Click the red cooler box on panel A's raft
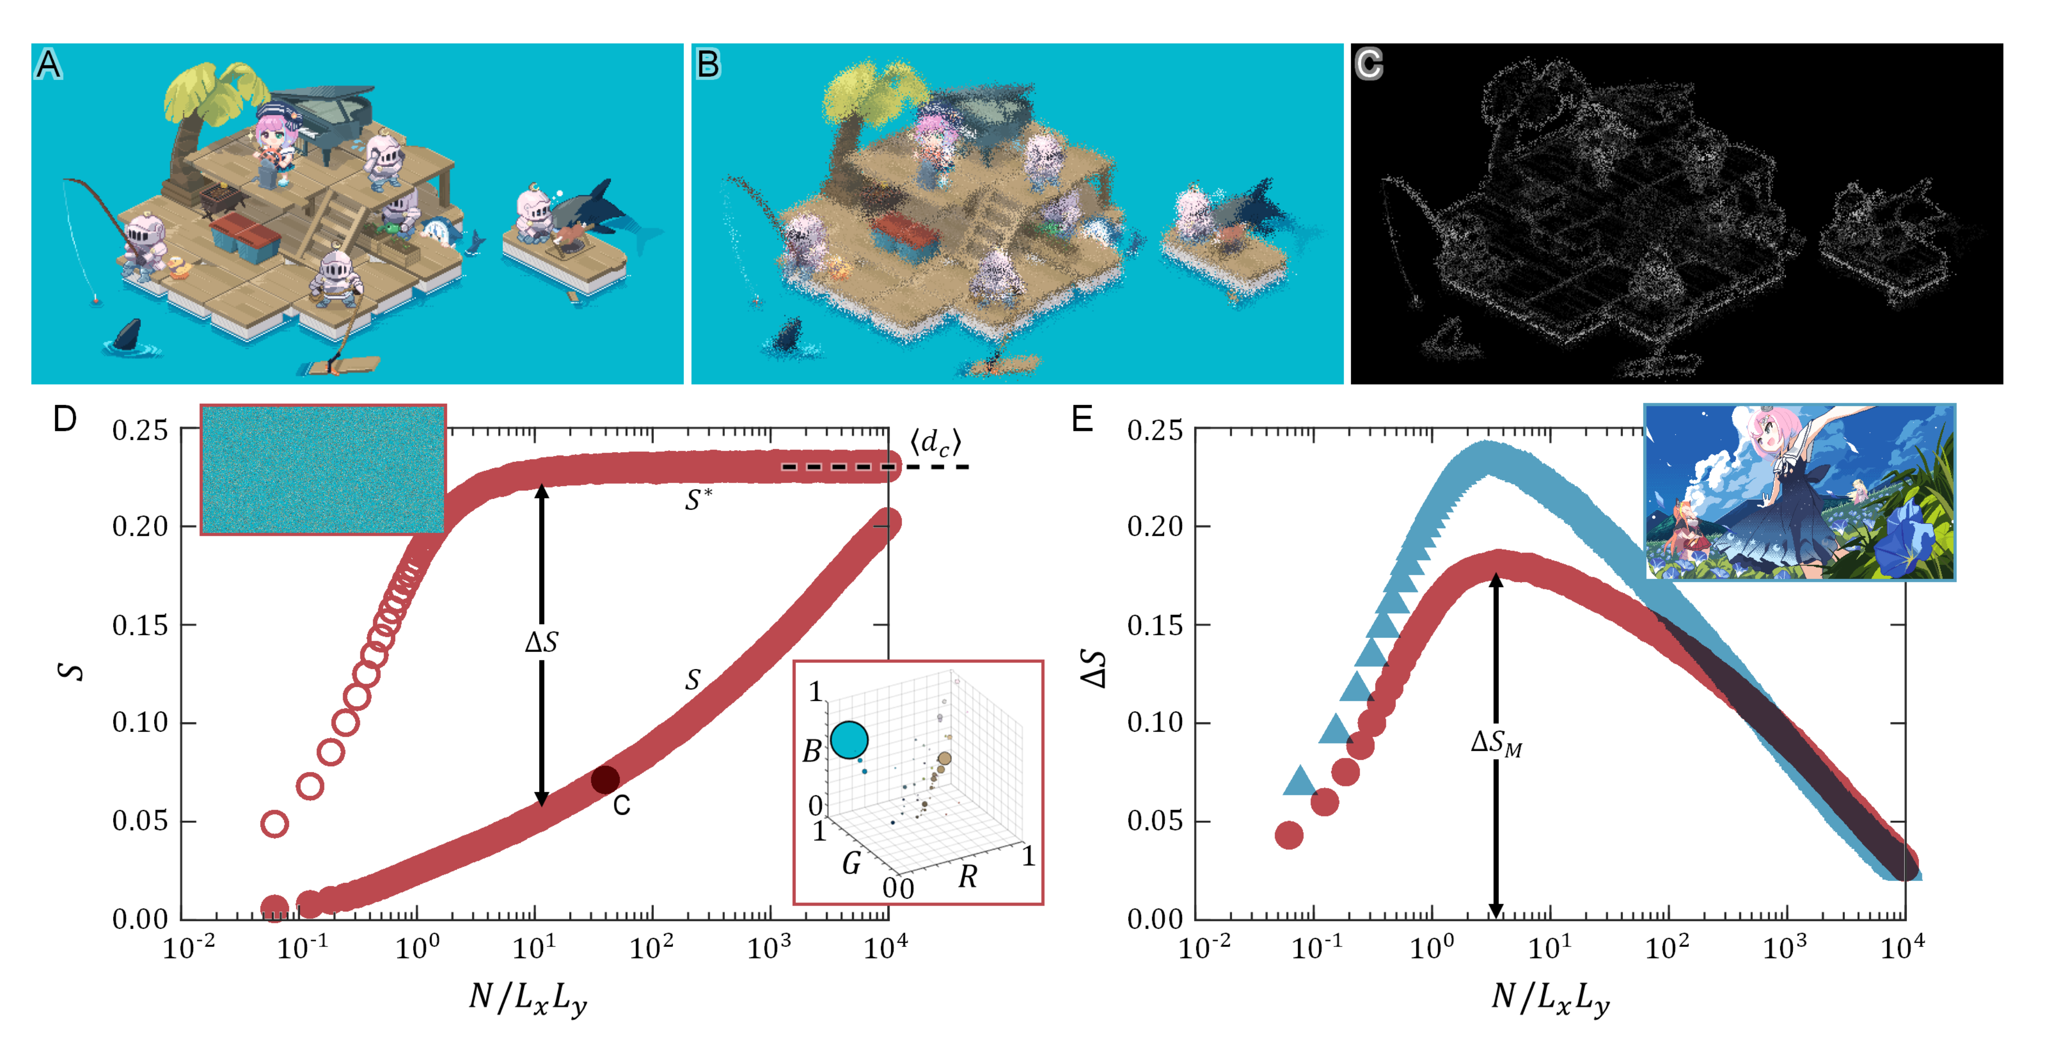coord(244,237)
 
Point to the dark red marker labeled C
coord(606,780)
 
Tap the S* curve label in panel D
coord(699,500)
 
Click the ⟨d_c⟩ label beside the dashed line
coord(935,442)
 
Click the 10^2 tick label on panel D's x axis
coord(652,947)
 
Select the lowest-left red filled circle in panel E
coord(1288,835)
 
